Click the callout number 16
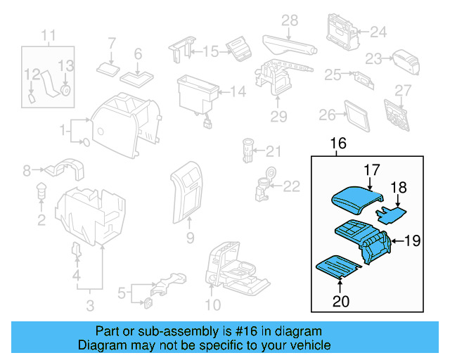pos(338,144)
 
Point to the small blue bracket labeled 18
pos(390,210)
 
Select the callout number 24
pos(378,32)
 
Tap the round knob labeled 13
pos(65,90)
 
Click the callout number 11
pos(48,35)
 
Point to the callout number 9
pos(190,238)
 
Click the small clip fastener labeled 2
pos(41,190)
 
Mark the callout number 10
pos(212,304)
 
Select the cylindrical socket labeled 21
pos(247,149)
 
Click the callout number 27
pos(401,90)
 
